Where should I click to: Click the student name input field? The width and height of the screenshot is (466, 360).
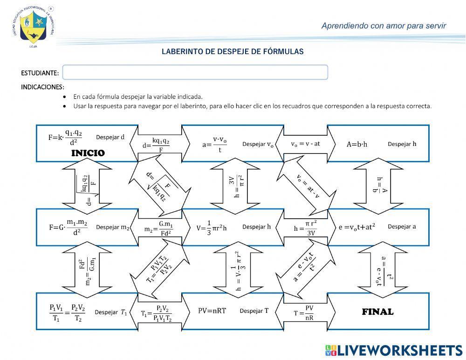pos(195,72)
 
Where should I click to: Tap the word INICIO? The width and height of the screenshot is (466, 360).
pos(88,153)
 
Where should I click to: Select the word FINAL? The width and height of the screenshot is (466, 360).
pos(377,312)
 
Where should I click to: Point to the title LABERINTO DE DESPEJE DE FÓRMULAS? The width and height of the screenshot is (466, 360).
pos(233,52)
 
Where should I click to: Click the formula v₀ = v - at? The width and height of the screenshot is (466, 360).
pos(306,144)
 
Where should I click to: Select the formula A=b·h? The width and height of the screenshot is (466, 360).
pos(357,144)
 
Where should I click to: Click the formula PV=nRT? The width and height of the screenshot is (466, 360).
pos(212,311)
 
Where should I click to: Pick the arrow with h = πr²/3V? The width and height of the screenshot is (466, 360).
pos(305,228)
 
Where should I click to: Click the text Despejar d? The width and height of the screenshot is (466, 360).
pos(110,137)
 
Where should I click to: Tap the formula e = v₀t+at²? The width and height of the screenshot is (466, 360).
pos(357,227)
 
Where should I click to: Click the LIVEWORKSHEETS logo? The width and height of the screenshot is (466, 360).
pos(393,351)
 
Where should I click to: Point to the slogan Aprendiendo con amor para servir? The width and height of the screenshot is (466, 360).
pos(384,26)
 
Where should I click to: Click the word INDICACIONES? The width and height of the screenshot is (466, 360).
pos(42,87)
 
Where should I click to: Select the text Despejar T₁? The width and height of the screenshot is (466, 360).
pos(111,312)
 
